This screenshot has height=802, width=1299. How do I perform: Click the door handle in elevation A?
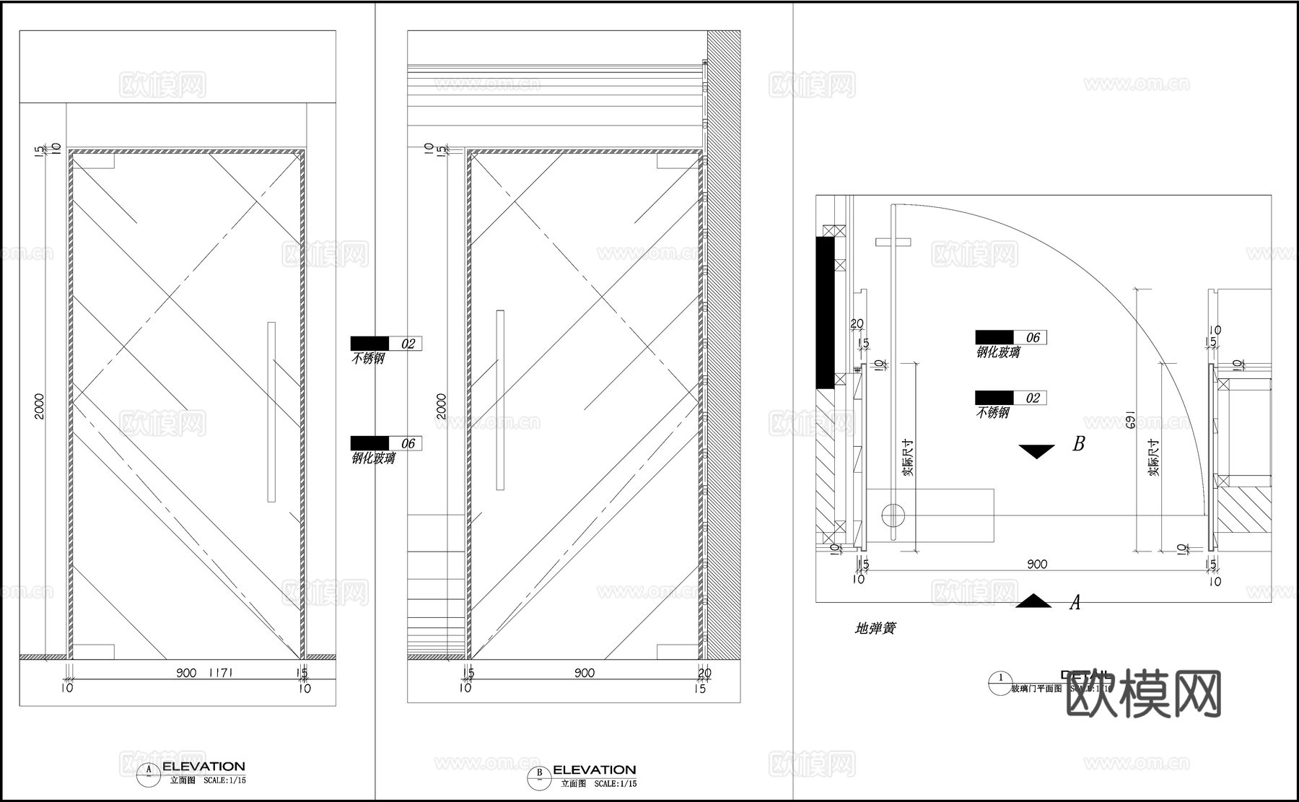tap(271, 411)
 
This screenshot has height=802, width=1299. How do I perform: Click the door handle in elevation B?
tap(500, 400)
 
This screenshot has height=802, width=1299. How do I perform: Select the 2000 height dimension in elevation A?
tap(40, 406)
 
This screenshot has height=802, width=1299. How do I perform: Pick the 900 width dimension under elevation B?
tap(585, 673)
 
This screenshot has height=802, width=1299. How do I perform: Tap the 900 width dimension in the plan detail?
tap(1036, 564)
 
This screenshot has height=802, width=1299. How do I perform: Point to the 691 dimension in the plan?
tap(1131, 421)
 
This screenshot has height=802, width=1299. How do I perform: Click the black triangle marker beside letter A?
tap(1033, 601)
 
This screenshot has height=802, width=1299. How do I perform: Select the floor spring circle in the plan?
tap(893, 515)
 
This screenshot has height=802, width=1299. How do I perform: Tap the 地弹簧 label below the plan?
tap(875, 629)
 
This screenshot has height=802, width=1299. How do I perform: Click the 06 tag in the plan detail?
tap(1033, 337)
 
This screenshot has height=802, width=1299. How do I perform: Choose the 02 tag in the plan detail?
tap(1033, 398)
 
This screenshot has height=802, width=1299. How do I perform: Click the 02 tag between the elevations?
tap(408, 344)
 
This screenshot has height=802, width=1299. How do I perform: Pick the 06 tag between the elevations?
tap(408, 443)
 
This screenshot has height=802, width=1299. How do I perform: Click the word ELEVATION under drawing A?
tap(204, 767)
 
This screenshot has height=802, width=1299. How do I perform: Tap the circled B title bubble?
tap(538, 775)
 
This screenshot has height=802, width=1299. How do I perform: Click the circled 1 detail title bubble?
tap(1000, 679)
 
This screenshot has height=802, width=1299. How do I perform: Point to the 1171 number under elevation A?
tap(220, 673)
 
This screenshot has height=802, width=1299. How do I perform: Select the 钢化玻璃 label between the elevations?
tap(373, 458)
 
